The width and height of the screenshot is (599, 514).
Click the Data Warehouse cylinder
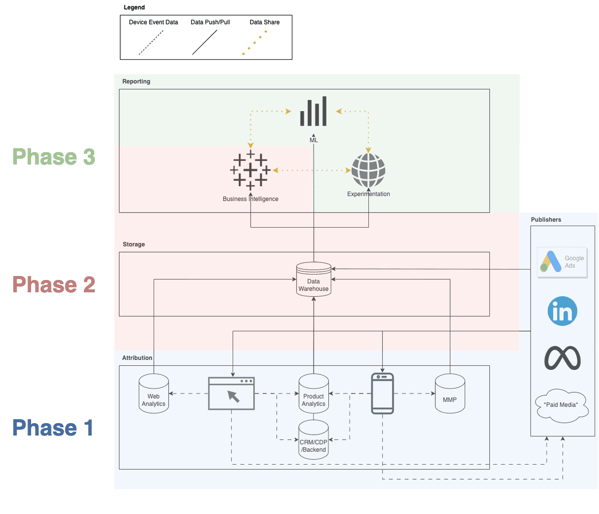click(x=313, y=279)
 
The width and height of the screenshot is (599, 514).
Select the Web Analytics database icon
click(x=154, y=394)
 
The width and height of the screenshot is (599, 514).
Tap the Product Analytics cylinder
click(x=313, y=394)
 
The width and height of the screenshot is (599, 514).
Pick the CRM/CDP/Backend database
click(x=313, y=440)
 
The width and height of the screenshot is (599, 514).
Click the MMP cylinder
click(x=450, y=394)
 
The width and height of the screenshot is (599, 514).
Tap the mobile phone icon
click(x=382, y=394)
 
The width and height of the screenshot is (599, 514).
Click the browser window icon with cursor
click(x=231, y=394)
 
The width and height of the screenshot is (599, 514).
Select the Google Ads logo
click(x=562, y=262)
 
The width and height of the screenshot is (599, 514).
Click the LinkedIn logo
click(x=563, y=311)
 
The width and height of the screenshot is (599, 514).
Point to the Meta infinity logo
click(x=563, y=358)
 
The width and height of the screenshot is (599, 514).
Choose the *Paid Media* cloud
click(x=561, y=406)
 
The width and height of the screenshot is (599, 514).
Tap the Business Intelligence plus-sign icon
click(x=250, y=171)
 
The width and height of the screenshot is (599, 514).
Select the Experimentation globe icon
click(x=368, y=170)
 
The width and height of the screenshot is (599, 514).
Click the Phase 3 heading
click(x=53, y=157)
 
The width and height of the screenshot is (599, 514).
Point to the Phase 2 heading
click(x=53, y=284)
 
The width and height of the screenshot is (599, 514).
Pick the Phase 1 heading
click(x=53, y=428)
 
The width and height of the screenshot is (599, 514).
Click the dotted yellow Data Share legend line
click(x=255, y=42)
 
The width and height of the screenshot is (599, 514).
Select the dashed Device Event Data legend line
click(x=151, y=42)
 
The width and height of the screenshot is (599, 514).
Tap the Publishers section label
click(x=546, y=220)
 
